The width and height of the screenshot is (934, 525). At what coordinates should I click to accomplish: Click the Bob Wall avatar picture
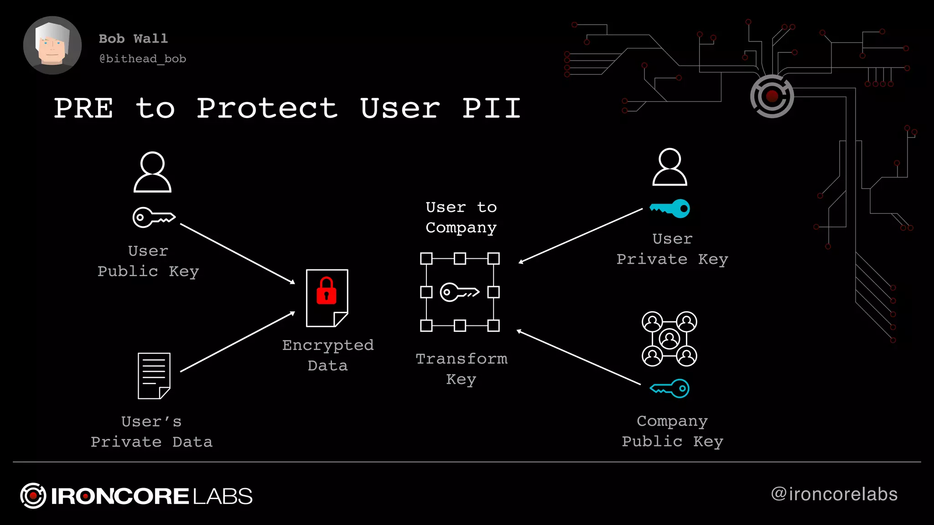(52, 45)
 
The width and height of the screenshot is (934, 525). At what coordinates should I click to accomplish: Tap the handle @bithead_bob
(143, 59)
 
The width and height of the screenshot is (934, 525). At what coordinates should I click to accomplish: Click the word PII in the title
(491, 108)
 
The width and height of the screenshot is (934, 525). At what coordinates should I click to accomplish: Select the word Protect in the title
(267, 108)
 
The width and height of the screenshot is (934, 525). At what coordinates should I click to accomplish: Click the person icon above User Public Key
(152, 172)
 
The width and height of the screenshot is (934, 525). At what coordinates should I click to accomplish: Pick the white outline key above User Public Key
(154, 217)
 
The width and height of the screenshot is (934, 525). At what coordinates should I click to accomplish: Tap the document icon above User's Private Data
(154, 376)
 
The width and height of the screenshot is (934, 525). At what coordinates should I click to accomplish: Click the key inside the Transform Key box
(459, 292)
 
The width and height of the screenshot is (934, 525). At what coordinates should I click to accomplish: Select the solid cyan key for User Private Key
(670, 209)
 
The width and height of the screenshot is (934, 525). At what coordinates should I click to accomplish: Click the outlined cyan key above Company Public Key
(670, 388)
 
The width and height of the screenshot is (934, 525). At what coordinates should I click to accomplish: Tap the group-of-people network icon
(669, 339)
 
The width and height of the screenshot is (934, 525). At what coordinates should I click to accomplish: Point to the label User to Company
(461, 217)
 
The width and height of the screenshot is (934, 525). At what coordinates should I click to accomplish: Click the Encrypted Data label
(327, 355)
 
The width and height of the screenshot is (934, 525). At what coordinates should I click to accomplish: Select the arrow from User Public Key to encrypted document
(238, 254)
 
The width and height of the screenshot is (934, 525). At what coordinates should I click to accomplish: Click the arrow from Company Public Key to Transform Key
(578, 358)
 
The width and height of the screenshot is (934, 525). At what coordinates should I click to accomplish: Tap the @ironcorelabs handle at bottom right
(834, 494)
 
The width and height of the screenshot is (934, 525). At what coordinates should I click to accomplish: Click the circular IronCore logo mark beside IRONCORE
(33, 495)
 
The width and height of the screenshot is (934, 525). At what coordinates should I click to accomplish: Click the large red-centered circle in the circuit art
(772, 96)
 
